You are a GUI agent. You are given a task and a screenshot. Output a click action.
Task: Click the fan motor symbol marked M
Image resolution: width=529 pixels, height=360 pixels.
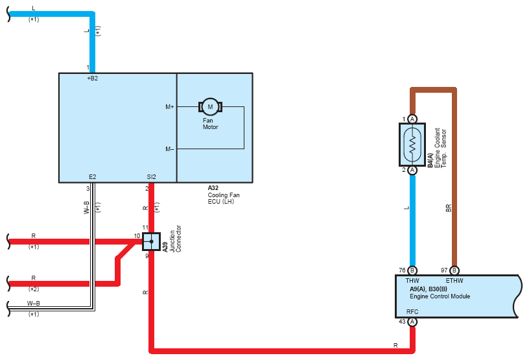click(x=210, y=107)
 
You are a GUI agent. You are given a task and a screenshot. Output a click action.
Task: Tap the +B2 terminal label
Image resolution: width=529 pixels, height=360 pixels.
click(x=93, y=78)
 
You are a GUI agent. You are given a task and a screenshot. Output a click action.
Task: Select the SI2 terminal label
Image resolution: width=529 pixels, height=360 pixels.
click(x=152, y=177)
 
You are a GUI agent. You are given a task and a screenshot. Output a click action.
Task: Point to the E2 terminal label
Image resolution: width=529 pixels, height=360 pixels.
click(x=93, y=177)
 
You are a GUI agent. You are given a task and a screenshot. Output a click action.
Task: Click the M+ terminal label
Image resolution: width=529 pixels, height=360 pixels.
click(x=170, y=107)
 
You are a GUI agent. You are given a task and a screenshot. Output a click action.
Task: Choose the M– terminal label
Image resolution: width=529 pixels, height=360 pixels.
click(x=170, y=149)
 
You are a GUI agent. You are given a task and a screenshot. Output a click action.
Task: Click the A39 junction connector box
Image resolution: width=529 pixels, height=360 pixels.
click(x=151, y=241)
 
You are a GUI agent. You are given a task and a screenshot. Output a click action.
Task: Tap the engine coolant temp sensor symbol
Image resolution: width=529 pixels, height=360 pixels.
click(x=412, y=145)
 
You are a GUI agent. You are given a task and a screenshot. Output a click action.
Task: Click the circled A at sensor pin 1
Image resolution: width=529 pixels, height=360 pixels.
click(x=412, y=119)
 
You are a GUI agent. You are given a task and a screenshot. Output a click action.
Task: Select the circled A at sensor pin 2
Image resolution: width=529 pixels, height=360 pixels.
click(x=412, y=170)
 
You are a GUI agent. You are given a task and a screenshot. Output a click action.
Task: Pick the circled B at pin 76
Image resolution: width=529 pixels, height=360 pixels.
click(x=412, y=270)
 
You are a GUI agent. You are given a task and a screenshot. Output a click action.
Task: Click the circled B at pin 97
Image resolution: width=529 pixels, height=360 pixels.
click(x=454, y=270)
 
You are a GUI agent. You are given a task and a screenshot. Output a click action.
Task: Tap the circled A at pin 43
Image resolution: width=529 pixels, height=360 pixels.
click(x=412, y=322)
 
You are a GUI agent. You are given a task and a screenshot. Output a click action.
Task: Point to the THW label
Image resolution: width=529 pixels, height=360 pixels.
click(x=412, y=281)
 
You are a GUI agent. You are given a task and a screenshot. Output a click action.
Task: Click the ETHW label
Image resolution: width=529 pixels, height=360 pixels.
click(x=454, y=281)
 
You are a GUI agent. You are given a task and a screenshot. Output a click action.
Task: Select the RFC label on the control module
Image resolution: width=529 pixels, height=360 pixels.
click(x=412, y=312)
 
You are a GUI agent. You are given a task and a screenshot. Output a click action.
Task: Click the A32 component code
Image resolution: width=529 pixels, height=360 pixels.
click(x=213, y=188)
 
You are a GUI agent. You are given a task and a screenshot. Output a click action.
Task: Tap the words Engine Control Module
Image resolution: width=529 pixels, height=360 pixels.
click(x=440, y=296)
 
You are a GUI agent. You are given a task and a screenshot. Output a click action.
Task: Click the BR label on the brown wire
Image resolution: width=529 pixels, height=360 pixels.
click(x=449, y=208)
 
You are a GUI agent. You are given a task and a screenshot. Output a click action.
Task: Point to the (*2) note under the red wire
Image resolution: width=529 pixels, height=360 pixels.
click(x=34, y=289)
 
